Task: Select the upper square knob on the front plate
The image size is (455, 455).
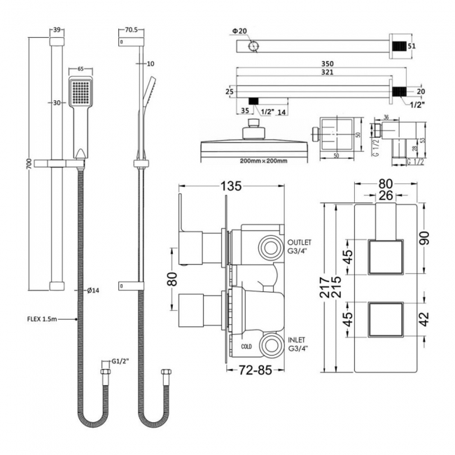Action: [x=385, y=258]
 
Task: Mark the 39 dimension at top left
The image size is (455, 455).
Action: [x=57, y=31]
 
